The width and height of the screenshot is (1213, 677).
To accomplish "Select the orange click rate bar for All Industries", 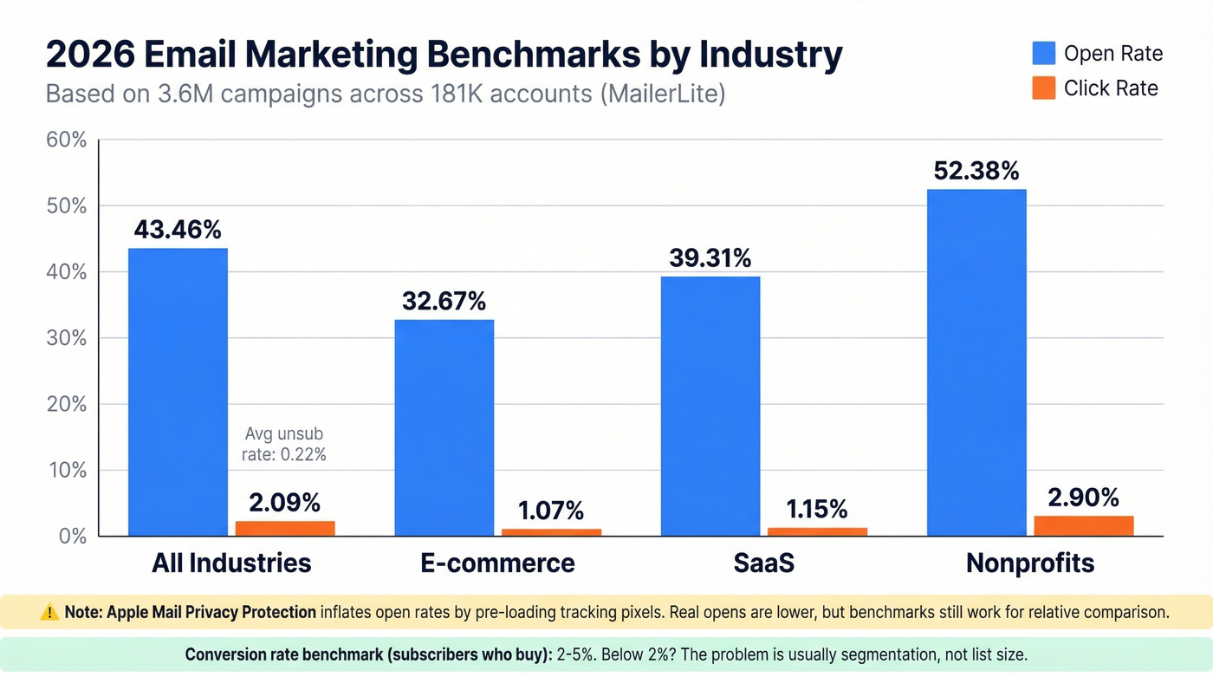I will [x=285, y=528].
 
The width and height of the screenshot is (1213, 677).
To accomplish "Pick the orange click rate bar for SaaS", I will [x=817, y=531].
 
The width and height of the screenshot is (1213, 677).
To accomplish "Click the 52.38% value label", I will [x=976, y=171].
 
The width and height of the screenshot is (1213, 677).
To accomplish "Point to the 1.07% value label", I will [x=551, y=510].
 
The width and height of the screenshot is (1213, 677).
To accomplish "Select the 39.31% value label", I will [x=710, y=257].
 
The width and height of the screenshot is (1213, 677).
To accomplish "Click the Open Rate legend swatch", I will [x=1044, y=53].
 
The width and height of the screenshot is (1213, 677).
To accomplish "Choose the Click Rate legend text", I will [x=1111, y=88].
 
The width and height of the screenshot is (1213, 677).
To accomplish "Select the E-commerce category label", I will [x=497, y=563].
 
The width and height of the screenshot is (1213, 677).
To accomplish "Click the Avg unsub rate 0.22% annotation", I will [x=285, y=443].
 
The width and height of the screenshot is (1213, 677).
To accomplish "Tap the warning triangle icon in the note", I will [x=50, y=612].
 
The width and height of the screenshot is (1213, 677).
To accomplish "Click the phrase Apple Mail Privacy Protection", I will [x=211, y=612].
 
